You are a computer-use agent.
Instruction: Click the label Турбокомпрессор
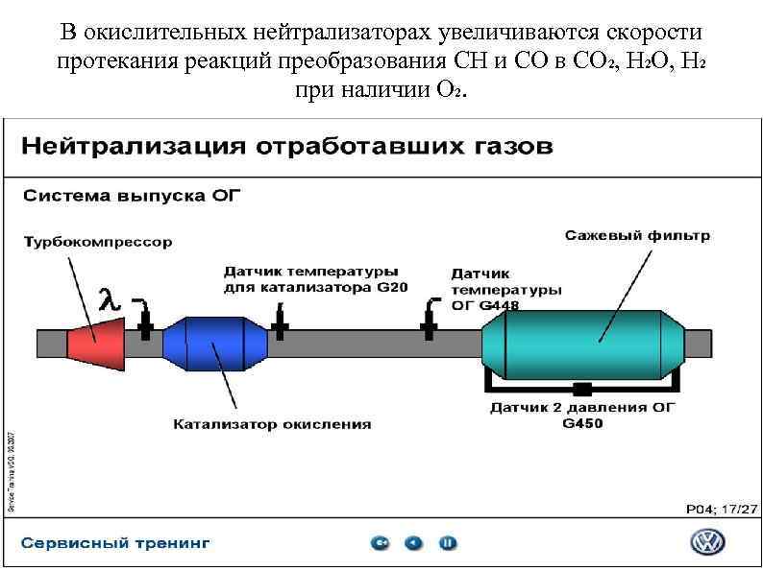pyautogui.click(x=98, y=242)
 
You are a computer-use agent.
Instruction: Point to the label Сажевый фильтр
pyautogui.click(x=637, y=234)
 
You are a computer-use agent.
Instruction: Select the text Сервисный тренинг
pyautogui.click(x=115, y=543)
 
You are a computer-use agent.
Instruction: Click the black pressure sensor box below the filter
pyautogui.click(x=580, y=389)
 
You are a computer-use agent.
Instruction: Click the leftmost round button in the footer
pyautogui.click(x=381, y=543)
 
